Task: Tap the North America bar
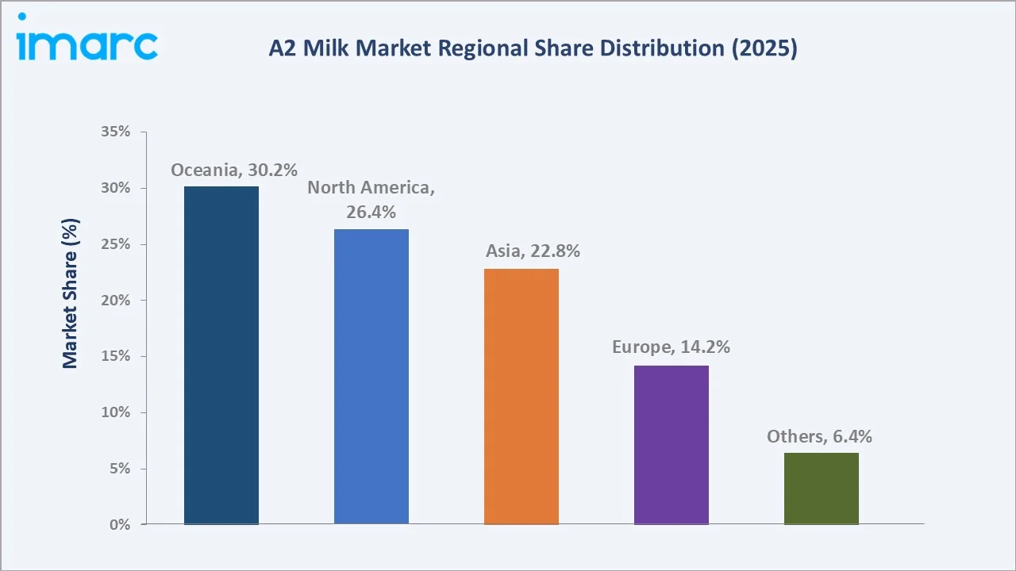[371, 377]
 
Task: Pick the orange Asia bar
[521, 397]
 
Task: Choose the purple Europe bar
[671, 445]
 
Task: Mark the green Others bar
[821, 489]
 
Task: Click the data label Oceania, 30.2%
[234, 170]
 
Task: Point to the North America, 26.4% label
[371, 200]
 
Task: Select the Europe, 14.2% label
[671, 347]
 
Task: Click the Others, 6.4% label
[819, 436]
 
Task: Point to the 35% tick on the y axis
[115, 132]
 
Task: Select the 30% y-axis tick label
[115, 188]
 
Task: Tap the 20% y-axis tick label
[115, 301]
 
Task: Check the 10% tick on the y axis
[115, 412]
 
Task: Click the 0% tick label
[118, 525]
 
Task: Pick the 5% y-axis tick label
[118, 469]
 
